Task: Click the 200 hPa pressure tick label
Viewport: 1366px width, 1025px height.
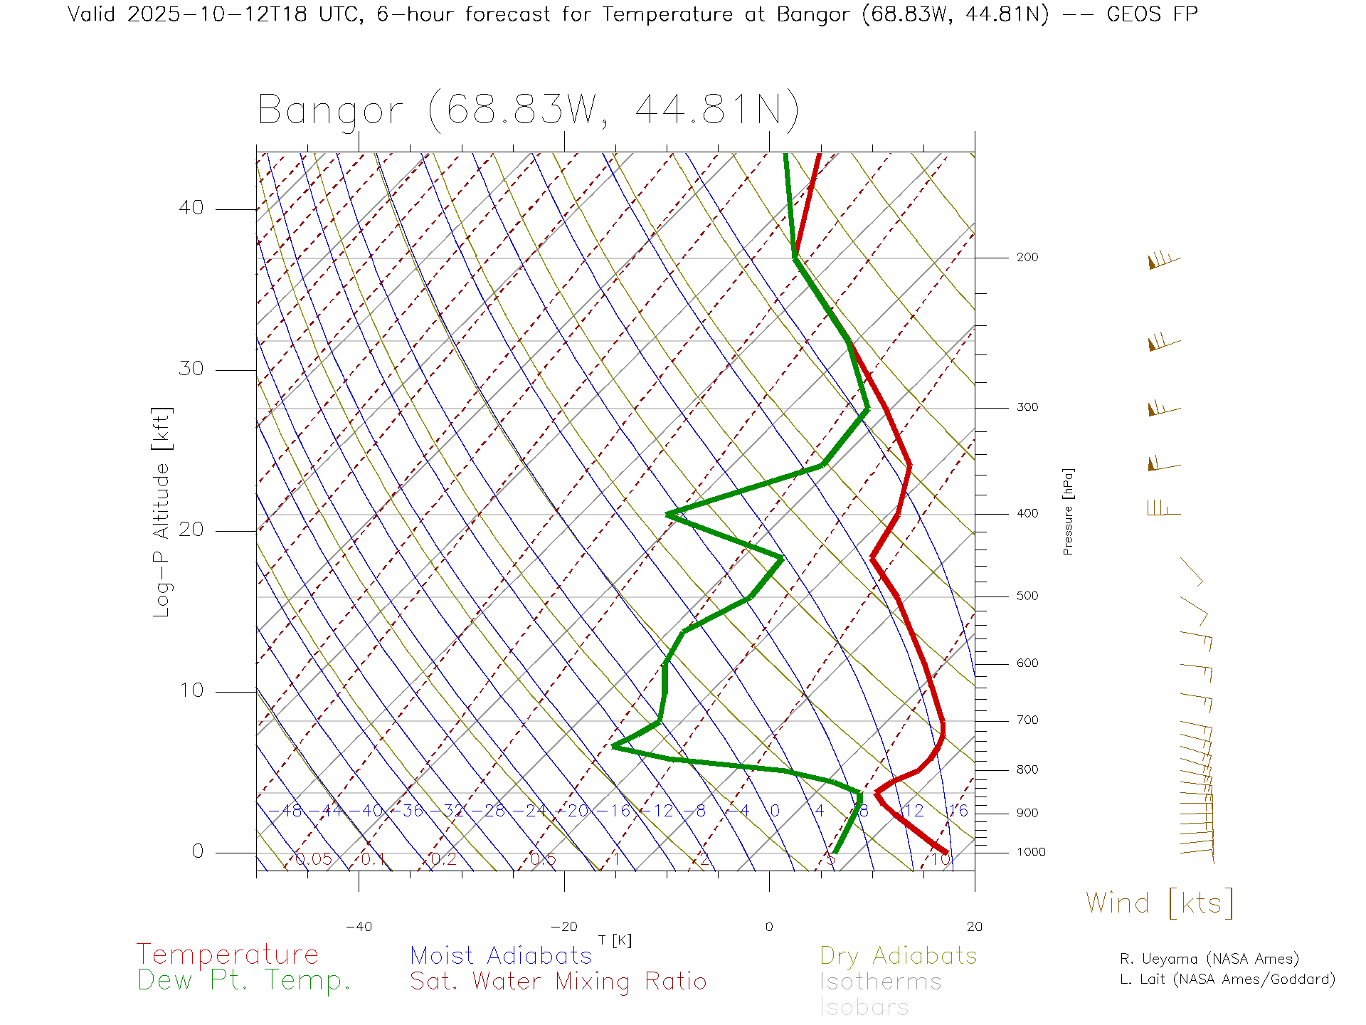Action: click(1027, 258)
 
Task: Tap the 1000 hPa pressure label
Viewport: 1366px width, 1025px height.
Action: click(1031, 852)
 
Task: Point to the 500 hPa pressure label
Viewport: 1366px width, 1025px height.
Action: click(1027, 596)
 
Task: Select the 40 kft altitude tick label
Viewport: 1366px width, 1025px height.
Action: click(191, 208)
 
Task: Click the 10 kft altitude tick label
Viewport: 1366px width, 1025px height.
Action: click(191, 690)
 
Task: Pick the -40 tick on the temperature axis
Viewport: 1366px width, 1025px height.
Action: click(359, 927)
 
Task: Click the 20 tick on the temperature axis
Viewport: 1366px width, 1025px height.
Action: click(974, 927)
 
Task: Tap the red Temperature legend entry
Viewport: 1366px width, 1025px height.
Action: click(228, 955)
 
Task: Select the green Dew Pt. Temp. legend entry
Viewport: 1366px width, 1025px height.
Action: click(244, 981)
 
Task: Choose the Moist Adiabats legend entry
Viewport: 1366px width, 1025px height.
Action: click(501, 955)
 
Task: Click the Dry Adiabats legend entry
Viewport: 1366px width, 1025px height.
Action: click(898, 955)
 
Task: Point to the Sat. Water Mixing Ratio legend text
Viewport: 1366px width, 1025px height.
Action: click(558, 982)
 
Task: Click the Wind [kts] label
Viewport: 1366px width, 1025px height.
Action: click(1159, 903)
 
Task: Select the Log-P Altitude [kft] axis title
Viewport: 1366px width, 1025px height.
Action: click(162, 512)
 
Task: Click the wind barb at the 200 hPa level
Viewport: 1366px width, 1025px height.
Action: click(1163, 261)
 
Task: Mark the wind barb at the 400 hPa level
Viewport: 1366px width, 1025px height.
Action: click(1163, 508)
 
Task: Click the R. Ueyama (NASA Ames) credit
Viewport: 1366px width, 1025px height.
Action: click(1209, 959)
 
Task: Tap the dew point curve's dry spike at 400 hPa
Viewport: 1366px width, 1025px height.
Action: click(669, 514)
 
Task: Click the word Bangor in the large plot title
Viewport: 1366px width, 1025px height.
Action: click(331, 111)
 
